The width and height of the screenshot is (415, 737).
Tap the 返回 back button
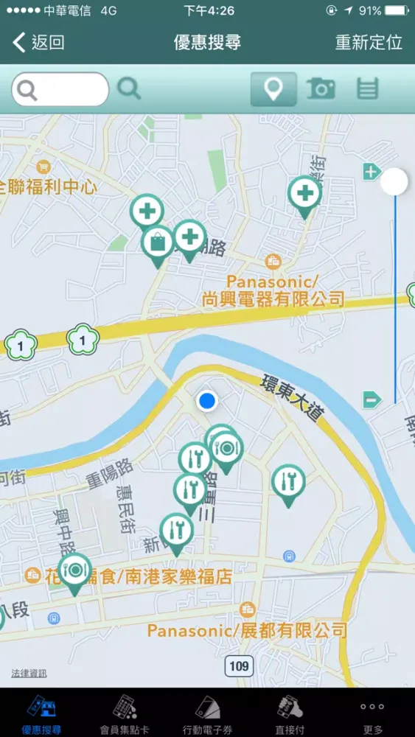[39, 42]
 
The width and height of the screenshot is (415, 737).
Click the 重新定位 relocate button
[369, 42]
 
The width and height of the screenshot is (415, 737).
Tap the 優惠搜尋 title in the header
[207, 42]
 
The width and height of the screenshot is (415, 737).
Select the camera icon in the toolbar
[321, 89]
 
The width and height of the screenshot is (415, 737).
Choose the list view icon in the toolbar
[367, 89]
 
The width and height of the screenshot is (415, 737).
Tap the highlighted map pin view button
[273, 89]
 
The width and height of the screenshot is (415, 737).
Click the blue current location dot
[207, 401]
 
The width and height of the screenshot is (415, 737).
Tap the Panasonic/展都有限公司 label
[247, 630]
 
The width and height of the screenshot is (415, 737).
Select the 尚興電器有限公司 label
[273, 298]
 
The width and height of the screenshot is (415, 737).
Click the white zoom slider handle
[394, 181]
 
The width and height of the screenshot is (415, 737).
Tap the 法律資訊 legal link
[29, 673]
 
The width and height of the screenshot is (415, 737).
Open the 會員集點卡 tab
[125, 713]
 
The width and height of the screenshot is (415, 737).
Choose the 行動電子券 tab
[207, 713]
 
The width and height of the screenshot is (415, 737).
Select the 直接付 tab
[290, 713]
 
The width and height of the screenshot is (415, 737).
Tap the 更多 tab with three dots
[373, 713]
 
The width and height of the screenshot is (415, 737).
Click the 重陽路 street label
[108, 472]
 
